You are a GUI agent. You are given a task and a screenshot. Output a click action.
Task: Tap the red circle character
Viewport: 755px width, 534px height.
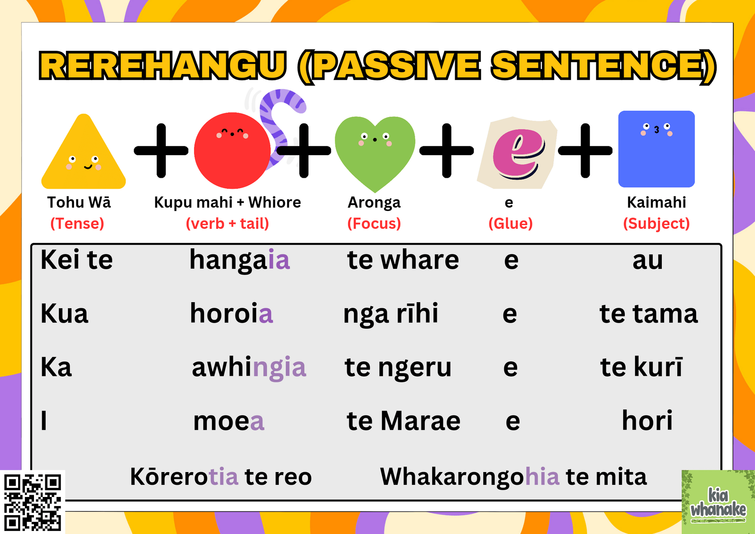click(232, 150)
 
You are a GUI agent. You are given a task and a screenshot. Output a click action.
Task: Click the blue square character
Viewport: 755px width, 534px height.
click(656, 149)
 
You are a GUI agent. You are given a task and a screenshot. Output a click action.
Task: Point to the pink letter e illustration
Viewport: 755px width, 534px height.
click(518, 153)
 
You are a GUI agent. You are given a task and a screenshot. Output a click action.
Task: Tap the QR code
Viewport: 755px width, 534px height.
click(32, 502)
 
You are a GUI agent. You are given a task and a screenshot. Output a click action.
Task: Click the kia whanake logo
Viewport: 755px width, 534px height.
click(718, 502)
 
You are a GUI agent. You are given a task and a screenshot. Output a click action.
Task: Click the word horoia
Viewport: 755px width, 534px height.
click(231, 313)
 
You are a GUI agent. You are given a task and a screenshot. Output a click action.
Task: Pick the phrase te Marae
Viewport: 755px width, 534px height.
click(403, 421)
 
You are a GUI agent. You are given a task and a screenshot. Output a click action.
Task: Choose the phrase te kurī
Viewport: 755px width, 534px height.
click(641, 367)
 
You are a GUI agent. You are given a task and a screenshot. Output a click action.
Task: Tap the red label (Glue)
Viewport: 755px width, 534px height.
click(510, 224)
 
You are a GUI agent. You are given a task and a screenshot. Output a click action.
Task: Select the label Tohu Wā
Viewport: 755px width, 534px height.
click(79, 202)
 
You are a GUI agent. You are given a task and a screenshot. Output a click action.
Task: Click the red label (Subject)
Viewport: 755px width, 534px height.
click(656, 224)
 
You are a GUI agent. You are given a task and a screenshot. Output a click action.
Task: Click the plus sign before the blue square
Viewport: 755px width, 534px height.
click(585, 150)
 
